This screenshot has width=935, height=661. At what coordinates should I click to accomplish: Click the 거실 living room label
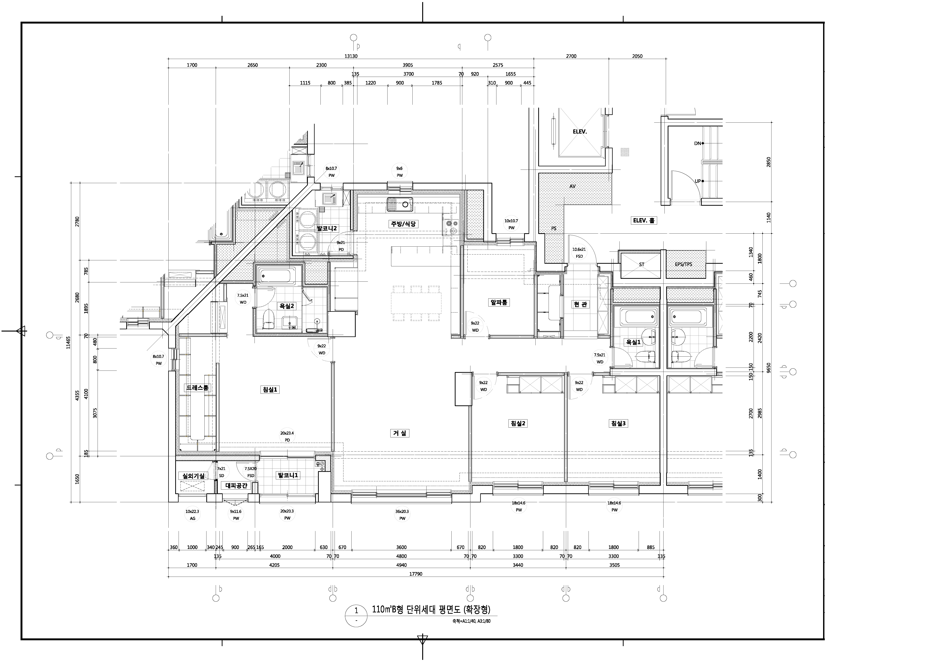tap(400, 433)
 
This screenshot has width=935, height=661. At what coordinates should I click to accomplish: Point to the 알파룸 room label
tap(499, 302)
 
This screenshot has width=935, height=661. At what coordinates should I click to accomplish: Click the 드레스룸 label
tap(197, 388)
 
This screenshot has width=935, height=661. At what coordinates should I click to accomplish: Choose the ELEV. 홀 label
tap(644, 220)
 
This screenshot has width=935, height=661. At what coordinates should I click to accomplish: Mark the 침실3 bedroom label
tap(618, 424)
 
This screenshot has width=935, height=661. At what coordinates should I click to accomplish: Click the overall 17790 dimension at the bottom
tap(416, 574)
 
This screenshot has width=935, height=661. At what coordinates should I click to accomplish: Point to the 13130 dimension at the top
tap(351, 56)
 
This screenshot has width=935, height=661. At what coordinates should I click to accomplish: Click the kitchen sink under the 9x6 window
tap(400, 204)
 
